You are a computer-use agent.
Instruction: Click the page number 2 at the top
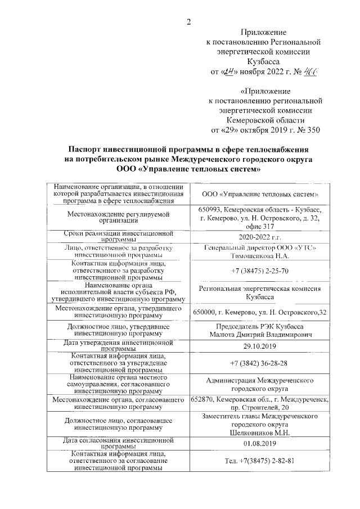click(190, 22)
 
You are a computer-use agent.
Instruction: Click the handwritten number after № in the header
click(309, 72)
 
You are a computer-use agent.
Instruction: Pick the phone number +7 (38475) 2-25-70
click(259, 271)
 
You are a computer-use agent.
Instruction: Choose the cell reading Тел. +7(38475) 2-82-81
click(259, 461)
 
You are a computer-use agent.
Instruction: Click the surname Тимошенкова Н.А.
click(259, 256)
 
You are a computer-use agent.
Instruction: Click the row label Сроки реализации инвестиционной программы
click(118, 236)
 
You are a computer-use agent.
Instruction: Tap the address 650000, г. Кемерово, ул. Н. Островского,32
click(259, 312)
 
